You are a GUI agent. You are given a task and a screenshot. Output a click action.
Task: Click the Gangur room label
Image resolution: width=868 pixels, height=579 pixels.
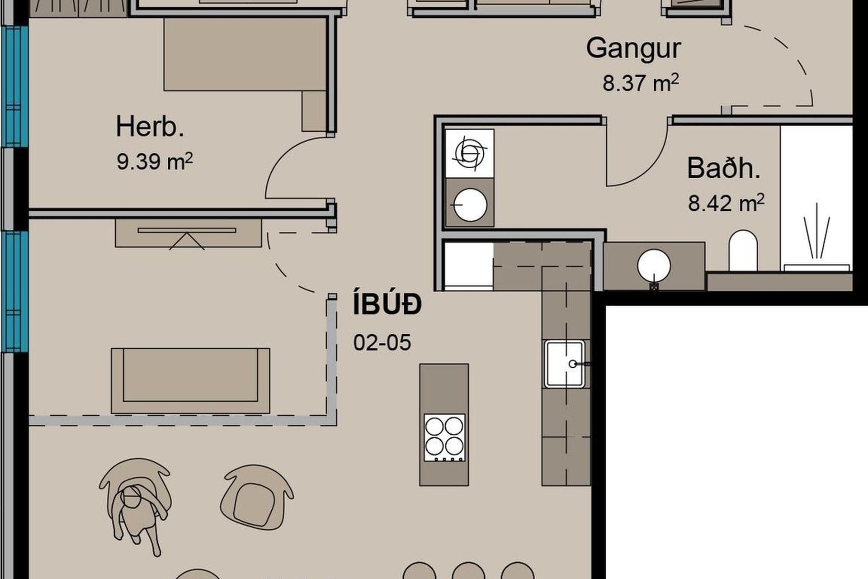tap(633, 49)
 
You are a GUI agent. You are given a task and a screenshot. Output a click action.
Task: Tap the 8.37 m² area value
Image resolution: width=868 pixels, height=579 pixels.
tap(641, 83)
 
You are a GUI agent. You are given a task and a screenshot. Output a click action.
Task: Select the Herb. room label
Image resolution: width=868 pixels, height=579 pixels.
tap(150, 126)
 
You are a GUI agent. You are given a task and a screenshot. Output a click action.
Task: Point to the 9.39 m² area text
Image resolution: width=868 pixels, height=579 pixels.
tap(155, 161)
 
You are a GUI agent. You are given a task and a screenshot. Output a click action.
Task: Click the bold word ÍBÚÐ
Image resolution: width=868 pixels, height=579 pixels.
tap(387, 304)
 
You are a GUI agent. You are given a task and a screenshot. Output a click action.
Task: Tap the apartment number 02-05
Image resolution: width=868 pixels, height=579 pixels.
tap(382, 342)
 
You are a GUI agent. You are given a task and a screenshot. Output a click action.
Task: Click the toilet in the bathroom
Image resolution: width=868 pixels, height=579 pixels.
tap(743, 251)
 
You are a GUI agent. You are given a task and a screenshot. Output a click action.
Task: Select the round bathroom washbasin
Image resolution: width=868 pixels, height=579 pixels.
tap(654, 266)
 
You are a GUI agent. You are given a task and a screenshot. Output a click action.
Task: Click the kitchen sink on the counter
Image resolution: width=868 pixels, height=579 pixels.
tap(565, 364)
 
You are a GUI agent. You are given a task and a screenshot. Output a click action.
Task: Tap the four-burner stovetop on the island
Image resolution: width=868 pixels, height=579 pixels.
tap(444, 437)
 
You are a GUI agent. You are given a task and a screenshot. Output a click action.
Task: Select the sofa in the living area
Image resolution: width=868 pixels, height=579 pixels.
tap(190, 380)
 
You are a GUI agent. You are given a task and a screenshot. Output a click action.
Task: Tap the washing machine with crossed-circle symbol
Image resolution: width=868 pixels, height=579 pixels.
tap(470, 153)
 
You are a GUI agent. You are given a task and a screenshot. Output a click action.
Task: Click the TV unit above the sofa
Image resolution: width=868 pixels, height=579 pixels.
tap(189, 233)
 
